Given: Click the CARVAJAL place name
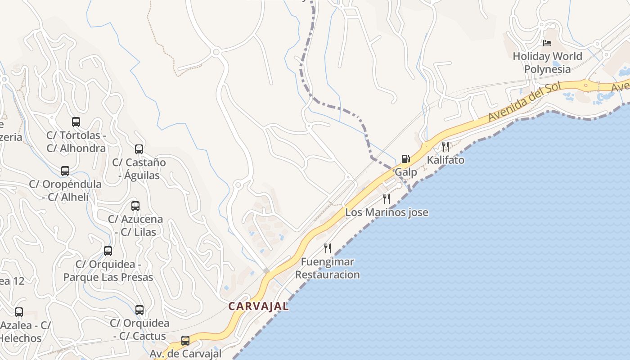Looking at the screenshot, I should click(x=258, y=306).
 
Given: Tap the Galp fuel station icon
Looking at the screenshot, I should click(x=405, y=159).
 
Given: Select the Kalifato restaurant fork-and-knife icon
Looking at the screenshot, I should click(x=445, y=146).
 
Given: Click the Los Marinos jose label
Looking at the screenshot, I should click(x=387, y=212).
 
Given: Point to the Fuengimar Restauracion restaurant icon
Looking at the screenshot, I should click(x=328, y=248).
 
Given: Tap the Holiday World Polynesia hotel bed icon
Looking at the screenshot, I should click(x=547, y=43).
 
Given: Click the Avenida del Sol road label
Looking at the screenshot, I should click(x=526, y=103).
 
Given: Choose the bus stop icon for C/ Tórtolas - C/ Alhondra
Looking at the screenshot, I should click(x=76, y=122).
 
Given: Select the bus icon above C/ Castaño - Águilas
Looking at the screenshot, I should click(x=139, y=149).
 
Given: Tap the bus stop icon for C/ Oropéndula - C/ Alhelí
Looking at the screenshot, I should click(x=65, y=171).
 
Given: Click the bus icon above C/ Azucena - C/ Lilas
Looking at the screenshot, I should click(x=135, y=206).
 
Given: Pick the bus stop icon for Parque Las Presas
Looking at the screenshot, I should click(x=108, y=251).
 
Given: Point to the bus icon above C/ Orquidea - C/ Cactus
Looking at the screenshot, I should click(x=139, y=310).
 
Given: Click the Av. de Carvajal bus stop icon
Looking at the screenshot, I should click(x=185, y=341).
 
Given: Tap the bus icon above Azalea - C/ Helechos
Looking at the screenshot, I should click(x=19, y=312).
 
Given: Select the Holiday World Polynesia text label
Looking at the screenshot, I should click(x=547, y=63).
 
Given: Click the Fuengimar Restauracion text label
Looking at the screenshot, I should click(x=328, y=268).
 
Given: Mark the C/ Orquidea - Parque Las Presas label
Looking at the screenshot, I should click(x=108, y=271).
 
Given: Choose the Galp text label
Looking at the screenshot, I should click(x=406, y=172).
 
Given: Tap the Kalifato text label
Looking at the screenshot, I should click(x=445, y=160).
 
